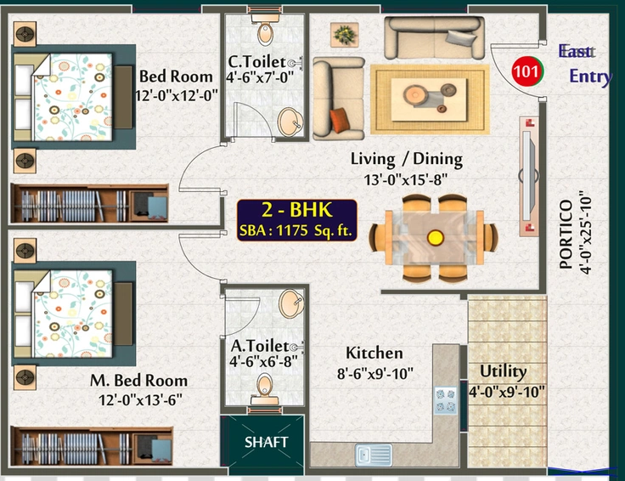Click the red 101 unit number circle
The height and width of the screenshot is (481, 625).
coord(527,71)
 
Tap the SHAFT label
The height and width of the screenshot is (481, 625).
coord(266,442)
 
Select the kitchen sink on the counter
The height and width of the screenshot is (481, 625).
coord(374,455)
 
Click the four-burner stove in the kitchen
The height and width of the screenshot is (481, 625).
coord(446,400)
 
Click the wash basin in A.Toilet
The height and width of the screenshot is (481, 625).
coord(291,303)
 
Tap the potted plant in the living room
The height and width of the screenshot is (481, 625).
coord(345,35)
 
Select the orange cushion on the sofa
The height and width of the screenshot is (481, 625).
coord(340,120)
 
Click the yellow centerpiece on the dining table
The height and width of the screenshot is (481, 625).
coord(436,238)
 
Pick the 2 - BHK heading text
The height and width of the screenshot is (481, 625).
coord(297,210)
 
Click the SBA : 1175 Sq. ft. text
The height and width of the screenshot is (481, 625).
coord(296,230)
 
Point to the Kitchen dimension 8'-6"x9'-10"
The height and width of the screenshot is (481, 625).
coord(375,374)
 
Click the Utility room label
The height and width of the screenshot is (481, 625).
coord(503,371)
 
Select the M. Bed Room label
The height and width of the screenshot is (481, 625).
coord(138,381)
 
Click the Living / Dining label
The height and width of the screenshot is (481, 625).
coord(407,159)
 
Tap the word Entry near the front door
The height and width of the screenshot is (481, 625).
coord(590,76)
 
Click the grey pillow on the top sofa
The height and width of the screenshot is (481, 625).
coord(461,37)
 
